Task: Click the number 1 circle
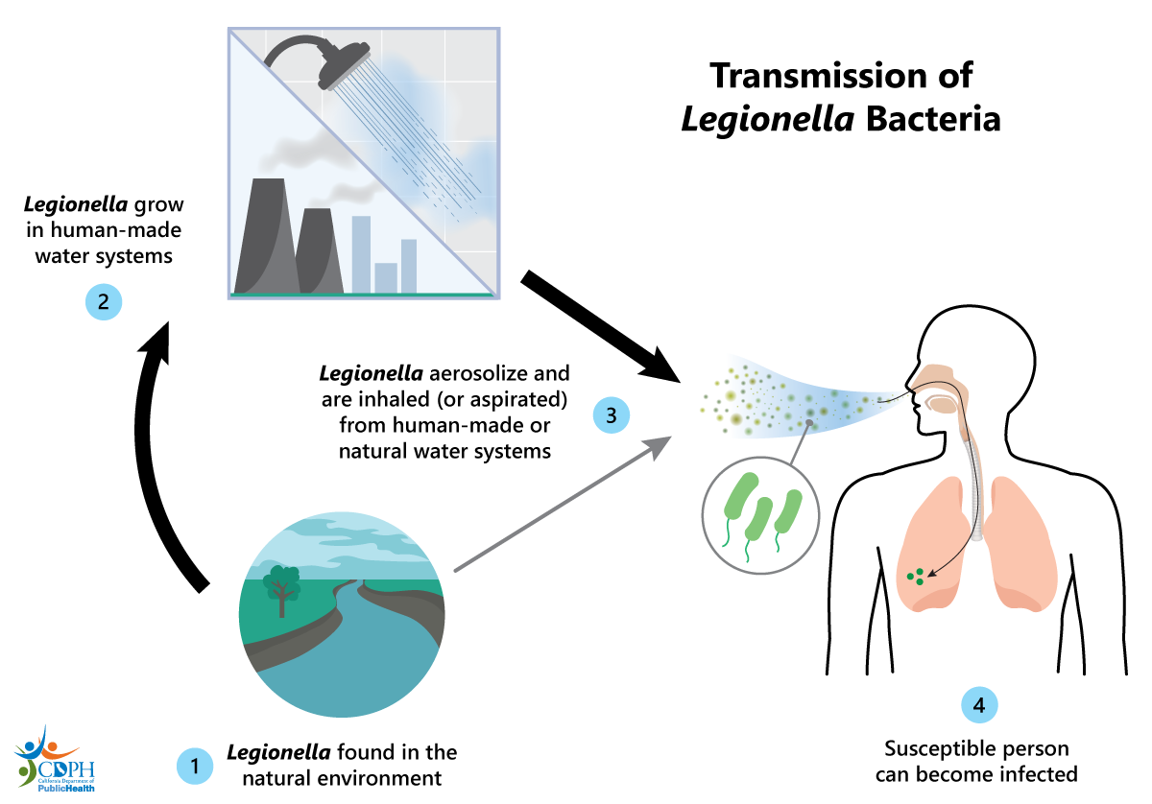click(194, 765)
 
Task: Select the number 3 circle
click(611, 415)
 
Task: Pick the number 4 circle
click(979, 705)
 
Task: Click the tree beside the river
click(281, 584)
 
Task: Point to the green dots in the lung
click(916, 576)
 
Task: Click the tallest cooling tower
click(263, 235)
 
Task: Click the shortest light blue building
click(386, 276)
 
